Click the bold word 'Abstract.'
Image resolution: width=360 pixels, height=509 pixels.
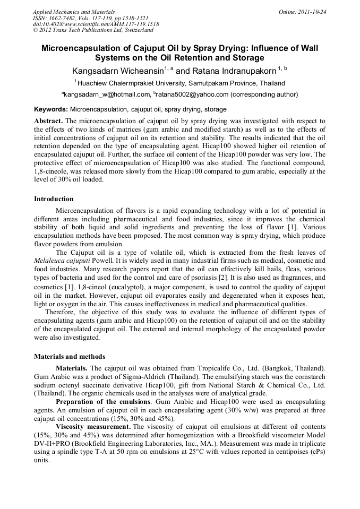pos(49,120)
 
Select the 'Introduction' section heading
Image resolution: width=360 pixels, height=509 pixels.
pos(54,199)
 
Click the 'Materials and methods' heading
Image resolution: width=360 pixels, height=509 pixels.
pos(70,356)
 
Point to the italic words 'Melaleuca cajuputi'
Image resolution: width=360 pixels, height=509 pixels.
pos(61,261)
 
